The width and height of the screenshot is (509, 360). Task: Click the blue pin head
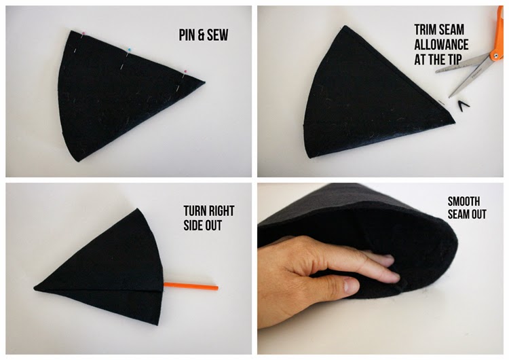tap(128, 50)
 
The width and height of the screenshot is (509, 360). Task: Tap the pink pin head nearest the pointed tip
tap(185, 70)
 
